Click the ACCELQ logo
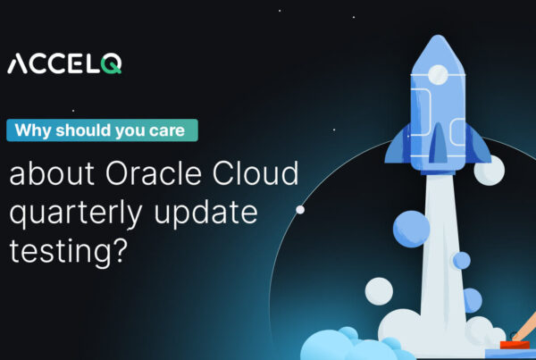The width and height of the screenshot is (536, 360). [x=64, y=63]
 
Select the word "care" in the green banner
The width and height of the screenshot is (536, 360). [x=172, y=130]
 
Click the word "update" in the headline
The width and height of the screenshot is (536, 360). [x=208, y=215]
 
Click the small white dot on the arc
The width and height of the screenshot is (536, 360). [x=300, y=210]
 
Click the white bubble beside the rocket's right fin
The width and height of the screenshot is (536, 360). [x=488, y=169]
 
